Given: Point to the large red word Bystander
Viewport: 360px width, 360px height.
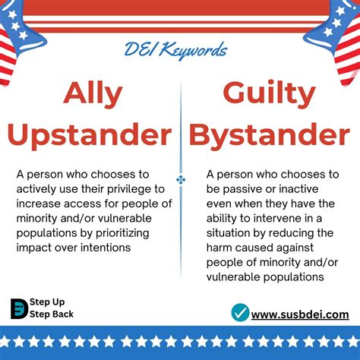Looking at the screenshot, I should coord(270,136).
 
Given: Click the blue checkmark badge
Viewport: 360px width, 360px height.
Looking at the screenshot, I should coord(240,313).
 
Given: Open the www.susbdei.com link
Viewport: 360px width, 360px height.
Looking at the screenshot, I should coord(300,314).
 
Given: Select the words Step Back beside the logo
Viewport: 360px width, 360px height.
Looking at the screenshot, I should coord(52,314).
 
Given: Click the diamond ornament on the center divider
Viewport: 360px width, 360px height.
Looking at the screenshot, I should coord(181,180).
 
